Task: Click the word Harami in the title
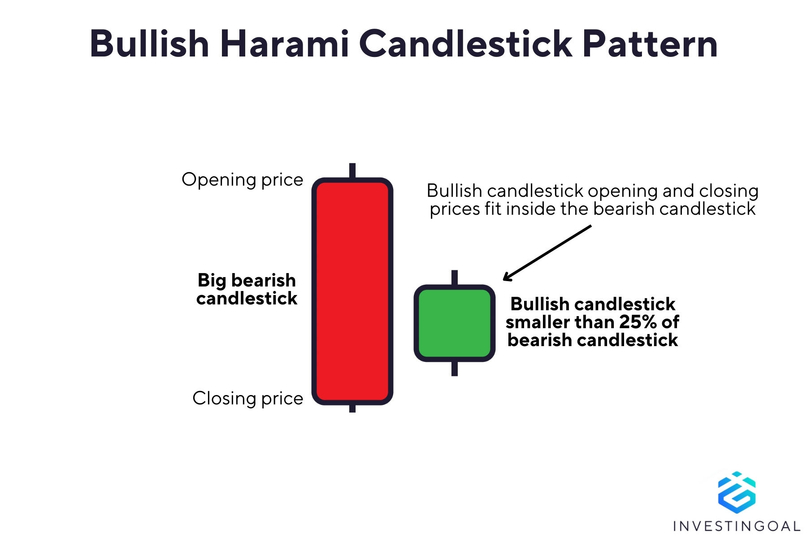285,43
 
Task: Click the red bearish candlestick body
352,291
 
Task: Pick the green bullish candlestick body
455,323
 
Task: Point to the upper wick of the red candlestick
352,171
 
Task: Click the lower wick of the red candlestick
352,408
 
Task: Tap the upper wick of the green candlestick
455,278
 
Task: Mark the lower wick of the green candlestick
455,369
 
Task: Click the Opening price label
243,180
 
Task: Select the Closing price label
248,399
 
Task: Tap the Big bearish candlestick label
247,289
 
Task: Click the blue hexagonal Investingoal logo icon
737,491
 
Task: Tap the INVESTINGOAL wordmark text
737,526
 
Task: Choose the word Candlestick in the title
466,43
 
